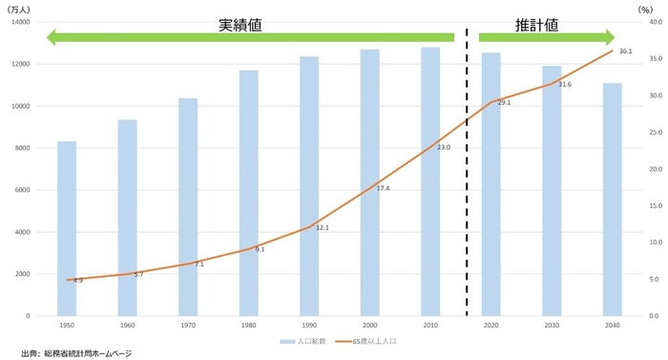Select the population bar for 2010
pos(430,181)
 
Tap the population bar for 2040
pos(612,200)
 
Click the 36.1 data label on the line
pos(626,52)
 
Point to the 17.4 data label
pos(383,188)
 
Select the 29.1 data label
pos(504,102)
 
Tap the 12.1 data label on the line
pos(323,227)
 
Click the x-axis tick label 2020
pos(491,326)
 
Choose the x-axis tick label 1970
pos(188,326)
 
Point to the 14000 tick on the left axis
pos(20,22)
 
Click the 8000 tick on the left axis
pos(22,148)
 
